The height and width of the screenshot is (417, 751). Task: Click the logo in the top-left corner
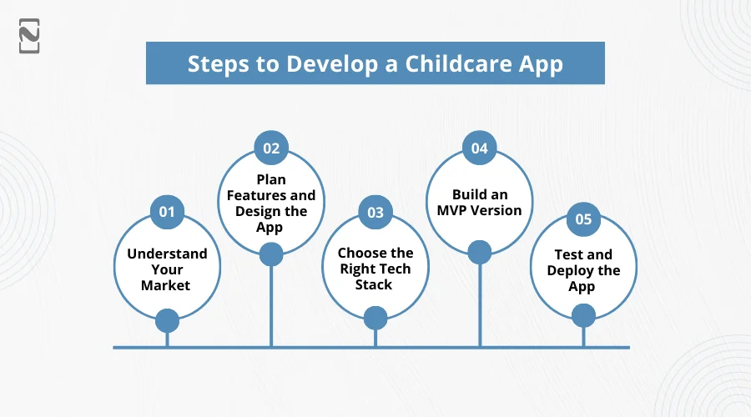click(29, 38)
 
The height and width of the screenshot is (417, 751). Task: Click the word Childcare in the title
click(452, 64)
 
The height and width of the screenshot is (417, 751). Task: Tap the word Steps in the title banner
click(216, 64)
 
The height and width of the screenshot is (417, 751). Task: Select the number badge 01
click(167, 212)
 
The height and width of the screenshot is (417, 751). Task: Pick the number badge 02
click(271, 148)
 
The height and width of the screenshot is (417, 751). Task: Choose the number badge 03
click(375, 212)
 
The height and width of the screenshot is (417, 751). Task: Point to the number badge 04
click(479, 148)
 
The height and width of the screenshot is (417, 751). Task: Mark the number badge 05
click(583, 219)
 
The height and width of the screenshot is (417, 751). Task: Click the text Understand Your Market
click(167, 269)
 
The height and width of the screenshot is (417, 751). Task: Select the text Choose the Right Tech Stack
click(375, 269)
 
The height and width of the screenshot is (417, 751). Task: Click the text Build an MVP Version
click(479, 203)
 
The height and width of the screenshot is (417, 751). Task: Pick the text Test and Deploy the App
click(583, 270)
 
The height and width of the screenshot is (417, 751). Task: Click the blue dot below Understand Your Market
click(167, 320)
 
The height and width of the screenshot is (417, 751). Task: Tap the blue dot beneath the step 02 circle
click(271, 254)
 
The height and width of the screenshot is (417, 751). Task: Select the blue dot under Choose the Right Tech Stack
click(375, 317)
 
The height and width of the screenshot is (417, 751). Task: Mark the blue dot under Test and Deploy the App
click(583, 314)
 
